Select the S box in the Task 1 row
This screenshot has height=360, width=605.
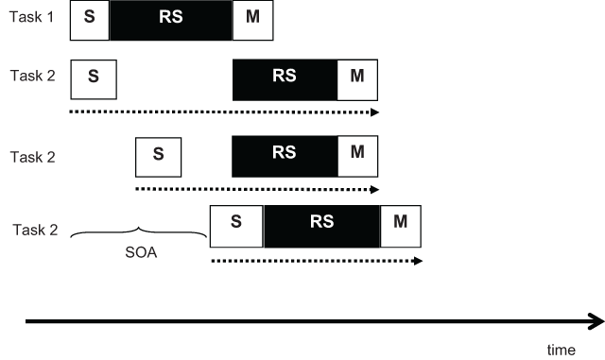(x=90, y=20)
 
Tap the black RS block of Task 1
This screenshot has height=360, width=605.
(x=170, y=20)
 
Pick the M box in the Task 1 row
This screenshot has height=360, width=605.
(x=252, y=20)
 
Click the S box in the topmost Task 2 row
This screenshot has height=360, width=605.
(x=93, y=78)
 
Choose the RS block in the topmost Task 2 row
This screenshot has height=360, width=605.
(x=285, y=78)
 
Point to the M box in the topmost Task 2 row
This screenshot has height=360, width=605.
(x=356, y=78)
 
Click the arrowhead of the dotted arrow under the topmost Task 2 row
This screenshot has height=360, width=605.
(x=374, y=112)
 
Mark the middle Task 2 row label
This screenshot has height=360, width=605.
(x=32, y=154)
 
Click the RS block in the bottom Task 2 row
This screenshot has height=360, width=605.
(x=321, y=226)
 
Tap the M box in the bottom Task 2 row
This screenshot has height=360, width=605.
(x=400, y=226)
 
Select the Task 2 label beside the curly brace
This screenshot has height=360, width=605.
(x=37, y=230)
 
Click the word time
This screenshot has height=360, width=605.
(x=561, y=350)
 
